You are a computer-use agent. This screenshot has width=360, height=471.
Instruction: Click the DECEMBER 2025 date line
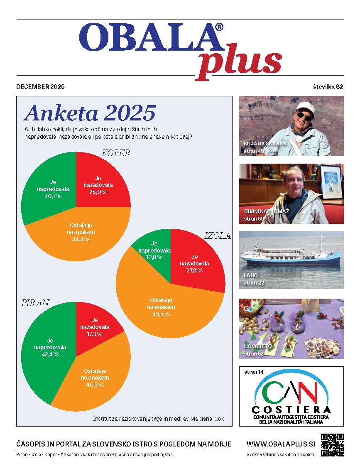click(x=40, y=87)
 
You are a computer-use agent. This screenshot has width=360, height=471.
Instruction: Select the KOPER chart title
click(x=116, y=153)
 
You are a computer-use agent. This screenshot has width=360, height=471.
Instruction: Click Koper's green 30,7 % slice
click(x=50, y=191)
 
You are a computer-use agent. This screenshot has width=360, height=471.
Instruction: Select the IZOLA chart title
click(x=218, y=236)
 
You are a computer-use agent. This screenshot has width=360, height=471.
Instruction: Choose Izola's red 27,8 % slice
click(x=195, y=264)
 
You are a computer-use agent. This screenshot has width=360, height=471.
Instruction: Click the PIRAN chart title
click(x=35, y=303)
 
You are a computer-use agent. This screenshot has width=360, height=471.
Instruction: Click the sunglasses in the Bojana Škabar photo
click(x=304, y=117)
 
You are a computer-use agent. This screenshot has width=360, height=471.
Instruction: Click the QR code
click(x=333, y=445)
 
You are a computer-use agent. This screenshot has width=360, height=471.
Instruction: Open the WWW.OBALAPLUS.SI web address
click(x=281, y=444)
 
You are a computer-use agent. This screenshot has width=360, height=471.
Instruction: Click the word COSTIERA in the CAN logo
click(x=292, y=410)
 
